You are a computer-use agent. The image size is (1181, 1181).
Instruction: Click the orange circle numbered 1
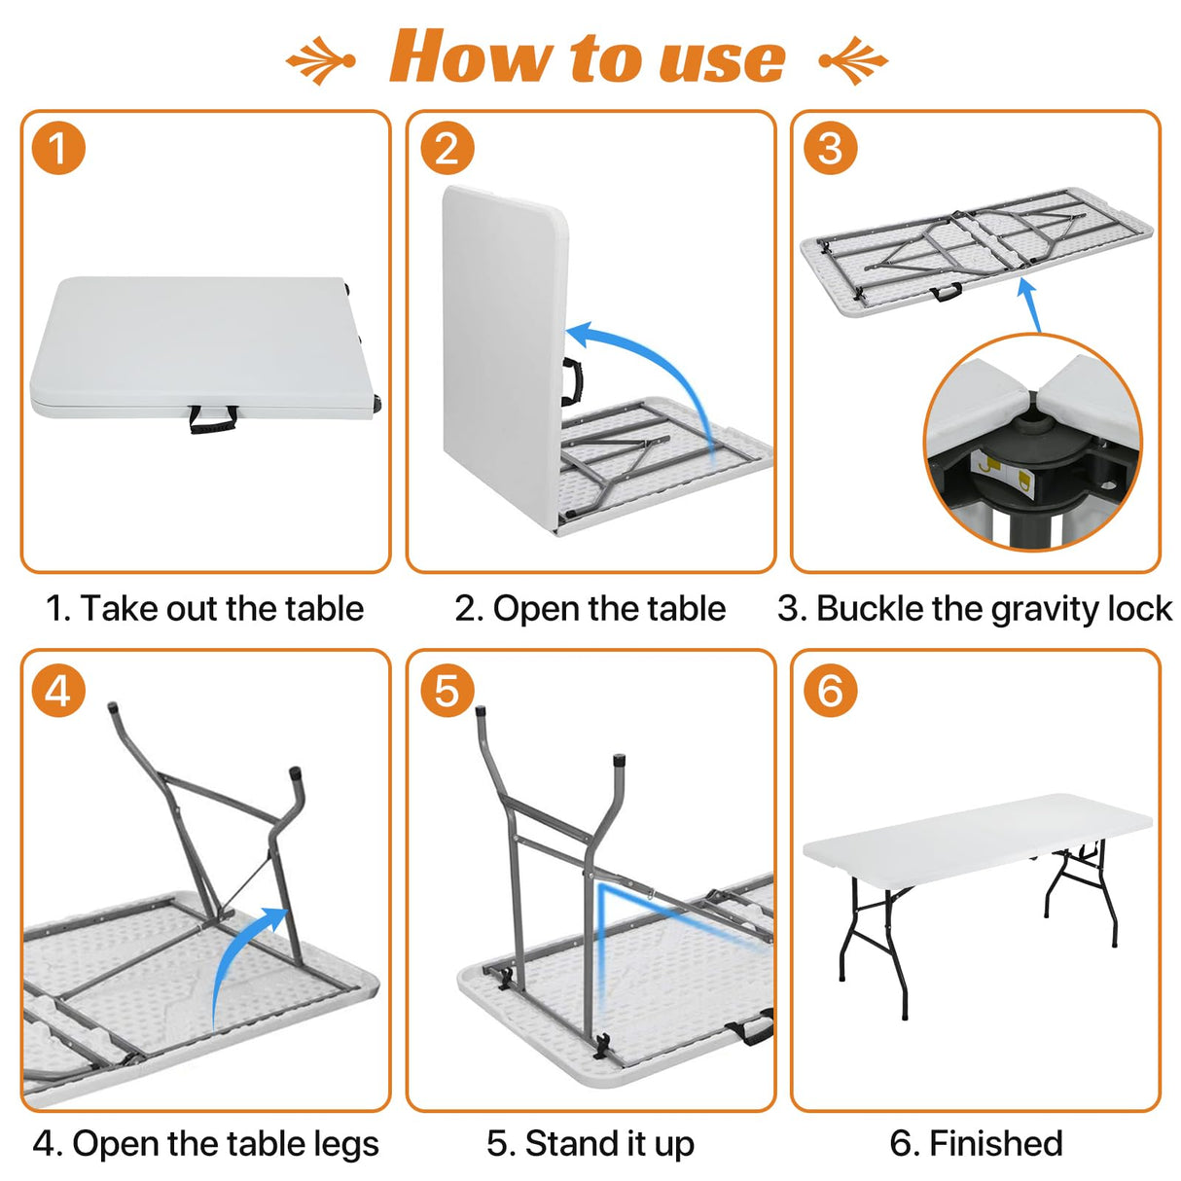coord(58,149)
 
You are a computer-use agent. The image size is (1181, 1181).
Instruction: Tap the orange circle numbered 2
coord(447,149)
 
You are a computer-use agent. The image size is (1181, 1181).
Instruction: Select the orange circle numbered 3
coord(830,149)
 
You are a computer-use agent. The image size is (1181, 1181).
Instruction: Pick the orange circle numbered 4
coord(58,691)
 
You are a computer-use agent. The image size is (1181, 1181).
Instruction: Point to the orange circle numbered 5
coord(447,691)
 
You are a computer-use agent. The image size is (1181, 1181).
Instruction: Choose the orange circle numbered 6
coord(830,691)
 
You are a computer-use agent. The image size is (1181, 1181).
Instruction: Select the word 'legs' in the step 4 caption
coord(345,1145)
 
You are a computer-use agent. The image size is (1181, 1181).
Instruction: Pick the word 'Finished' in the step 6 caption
coord(995,1143)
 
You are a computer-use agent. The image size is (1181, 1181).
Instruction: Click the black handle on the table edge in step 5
coord(750,1029)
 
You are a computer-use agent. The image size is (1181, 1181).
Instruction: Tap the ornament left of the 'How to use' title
coord(321,60)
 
